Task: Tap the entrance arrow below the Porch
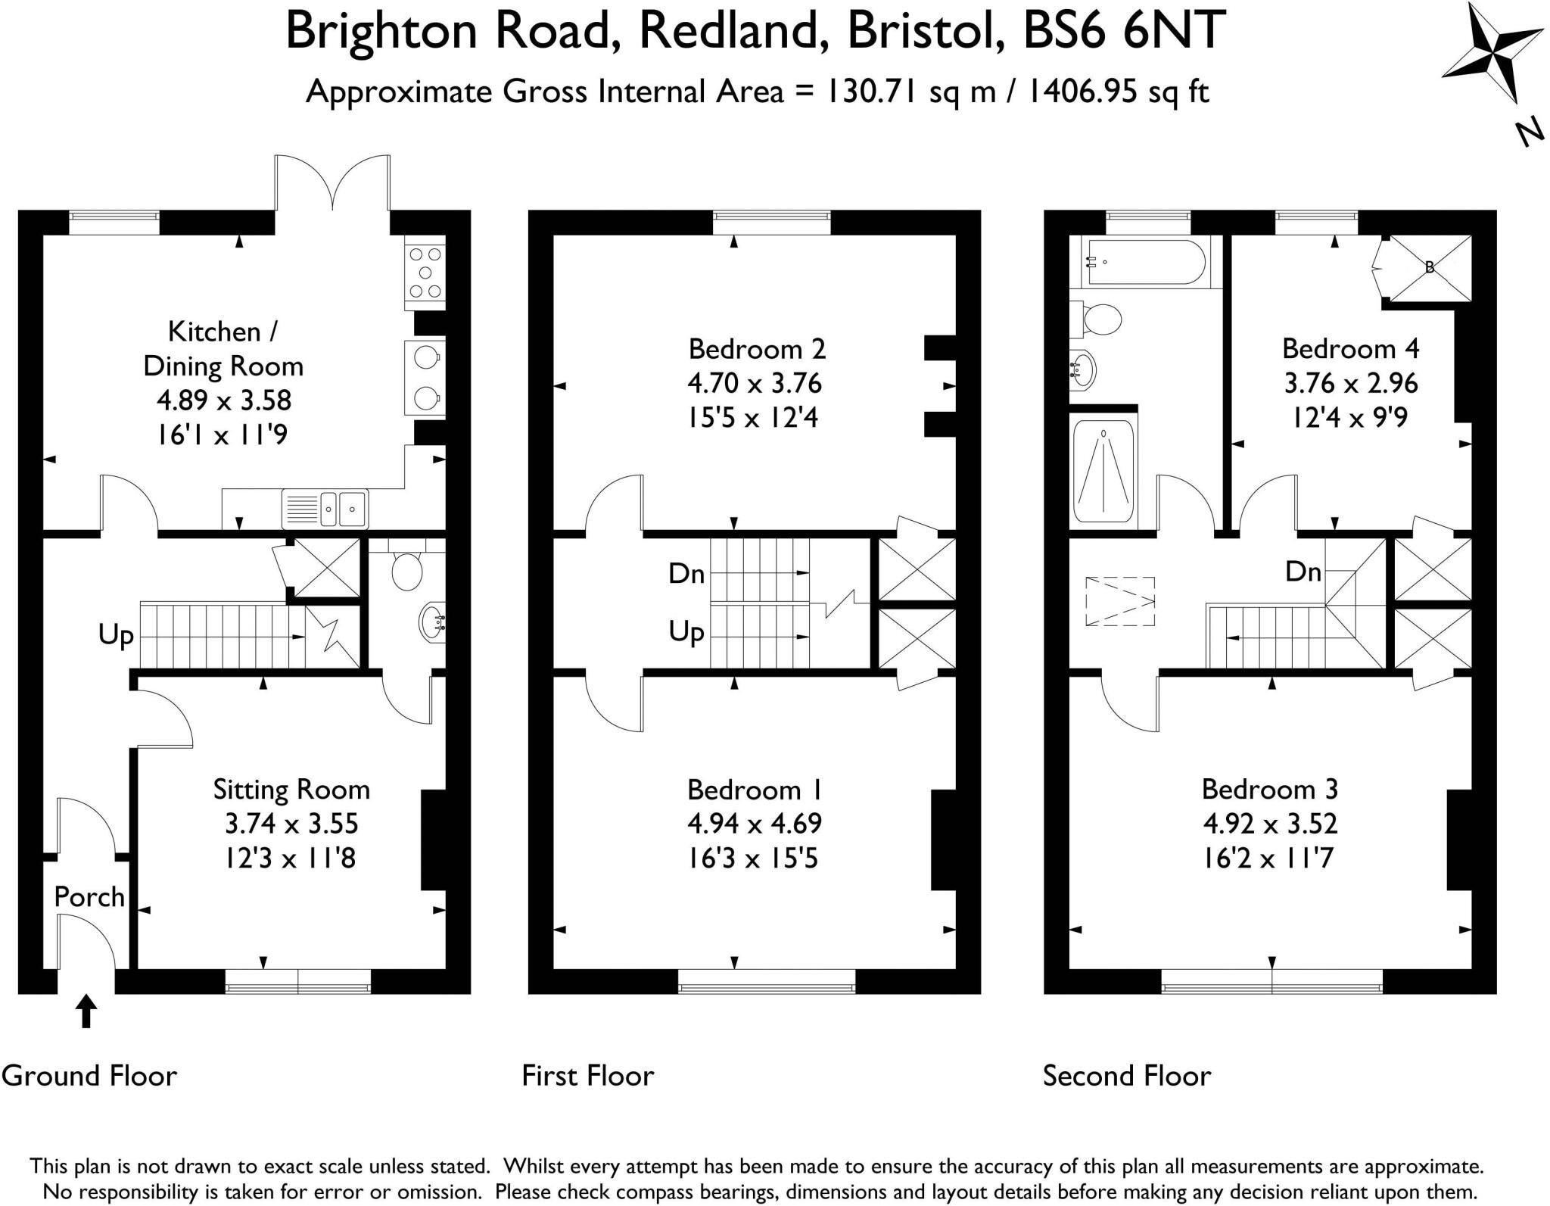86,1011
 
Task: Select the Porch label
89,897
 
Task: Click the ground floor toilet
407,569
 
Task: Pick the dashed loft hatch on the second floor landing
1120,602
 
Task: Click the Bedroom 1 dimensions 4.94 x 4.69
754,824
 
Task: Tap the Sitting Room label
291,790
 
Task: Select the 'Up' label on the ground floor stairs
116,634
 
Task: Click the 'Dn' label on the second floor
1303,572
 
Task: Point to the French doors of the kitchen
332,182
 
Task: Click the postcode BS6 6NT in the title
1123,30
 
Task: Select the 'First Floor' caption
587,1076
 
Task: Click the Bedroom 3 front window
1271,987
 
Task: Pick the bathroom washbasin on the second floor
1082,371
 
